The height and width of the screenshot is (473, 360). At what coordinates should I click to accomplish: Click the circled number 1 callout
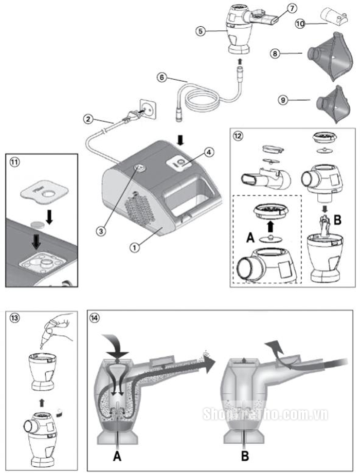coord(135,247)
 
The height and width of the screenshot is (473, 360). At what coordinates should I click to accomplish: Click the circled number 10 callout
coord(300,24)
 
